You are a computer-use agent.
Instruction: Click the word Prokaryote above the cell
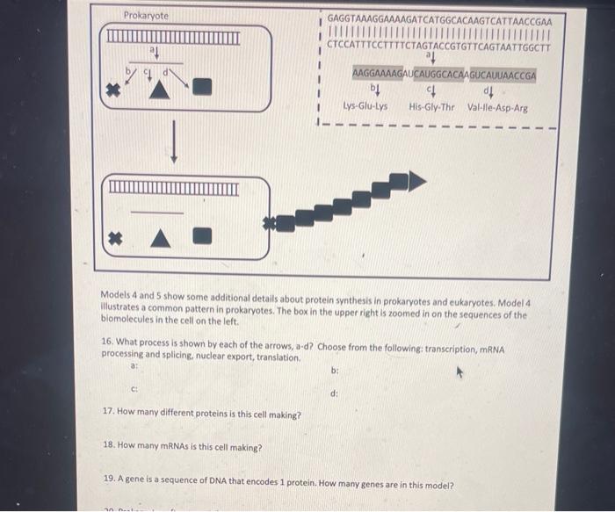146,16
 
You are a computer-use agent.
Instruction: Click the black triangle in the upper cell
158,88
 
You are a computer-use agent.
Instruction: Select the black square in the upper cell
203,86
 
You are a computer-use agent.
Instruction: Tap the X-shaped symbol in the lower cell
112,237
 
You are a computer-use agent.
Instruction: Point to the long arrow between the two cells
174,141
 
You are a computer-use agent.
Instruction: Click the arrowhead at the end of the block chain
417,181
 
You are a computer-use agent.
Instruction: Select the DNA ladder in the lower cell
173,188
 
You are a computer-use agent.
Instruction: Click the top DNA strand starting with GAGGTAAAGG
438,19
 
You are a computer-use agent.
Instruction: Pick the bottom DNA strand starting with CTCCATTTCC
438,47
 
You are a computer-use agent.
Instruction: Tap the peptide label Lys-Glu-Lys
365,107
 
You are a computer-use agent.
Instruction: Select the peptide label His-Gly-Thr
431,107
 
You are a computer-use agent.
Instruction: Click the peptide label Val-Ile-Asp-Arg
497,107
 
